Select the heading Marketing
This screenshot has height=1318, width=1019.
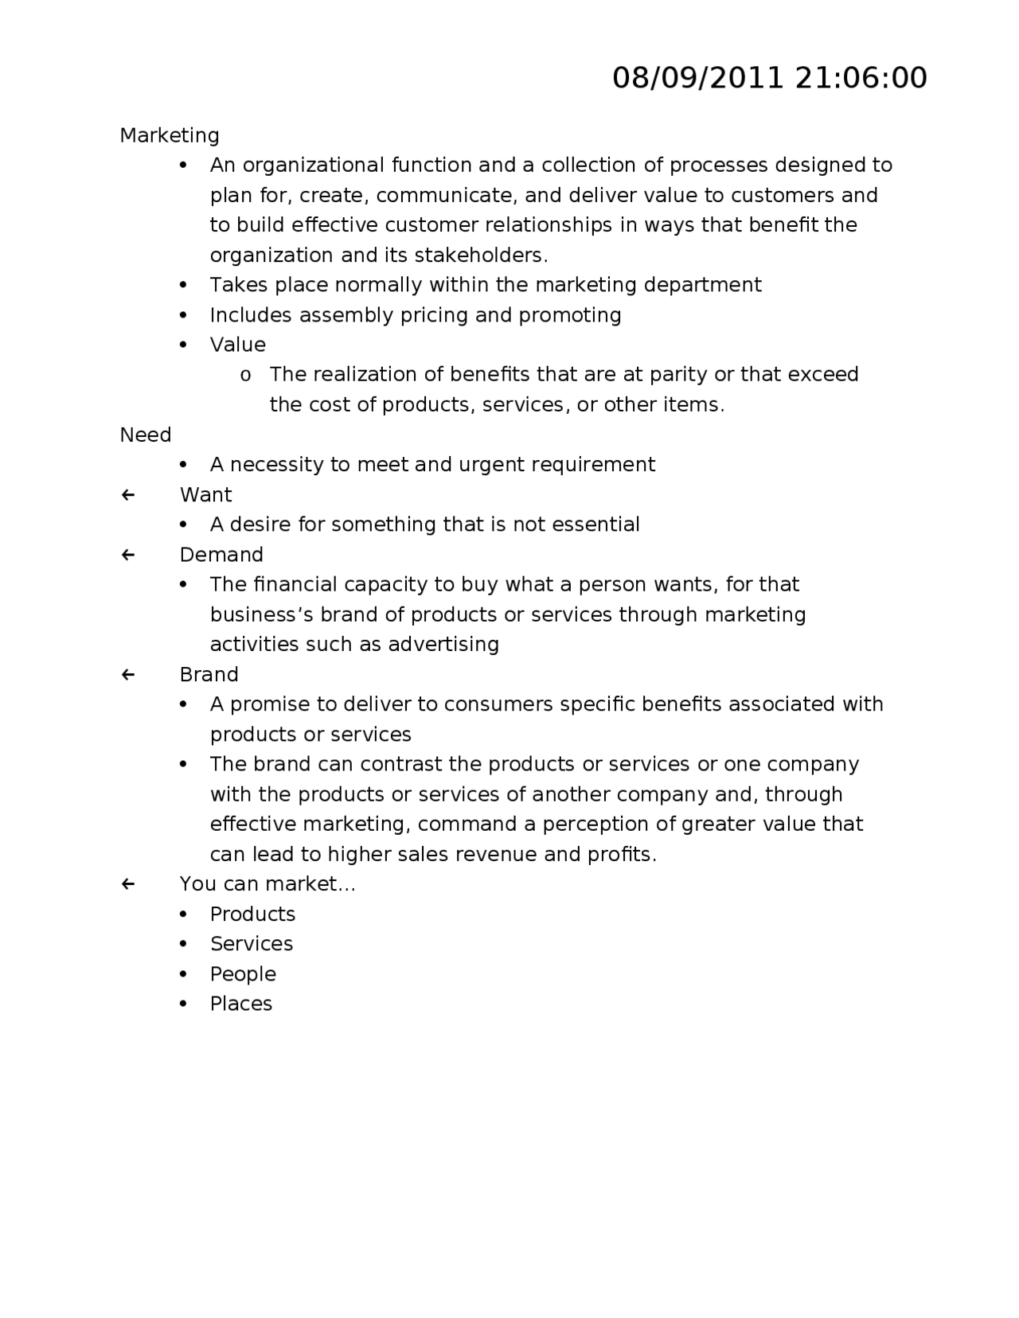(170, 135)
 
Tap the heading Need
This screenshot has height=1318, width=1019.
(146, 435)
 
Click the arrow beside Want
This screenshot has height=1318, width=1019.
(128, 495)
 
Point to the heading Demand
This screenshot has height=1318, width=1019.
(221, 555)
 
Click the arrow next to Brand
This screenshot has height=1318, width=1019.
(128, 675)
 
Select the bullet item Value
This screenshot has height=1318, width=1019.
(237, 345)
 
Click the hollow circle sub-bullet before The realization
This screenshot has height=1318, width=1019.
(246, 376)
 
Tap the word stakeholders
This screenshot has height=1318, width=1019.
(479, 255)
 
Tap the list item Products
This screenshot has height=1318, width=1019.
(252, 914)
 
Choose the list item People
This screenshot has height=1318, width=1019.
(243, 974)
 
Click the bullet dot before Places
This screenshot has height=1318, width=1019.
(184, 1004)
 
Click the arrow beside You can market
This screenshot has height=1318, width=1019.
(128, 884)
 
